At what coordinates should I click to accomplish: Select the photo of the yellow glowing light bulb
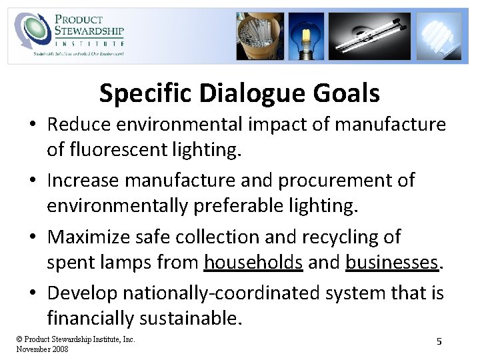click(306, 36)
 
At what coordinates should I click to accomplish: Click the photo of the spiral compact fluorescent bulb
click(438, 36)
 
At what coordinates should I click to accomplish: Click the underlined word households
click(253, 262)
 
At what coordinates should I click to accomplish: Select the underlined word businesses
click(391, 262)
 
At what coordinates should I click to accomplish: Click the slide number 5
click(439, 341)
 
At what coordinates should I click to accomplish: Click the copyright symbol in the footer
click(19, 339)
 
